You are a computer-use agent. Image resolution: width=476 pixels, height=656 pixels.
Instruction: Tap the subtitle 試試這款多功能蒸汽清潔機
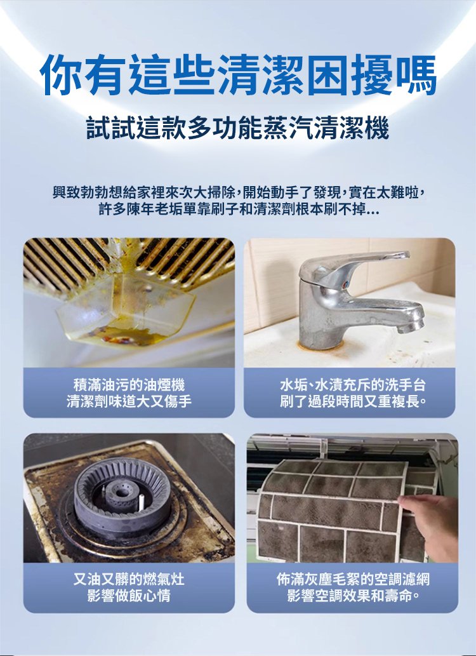(238, 130)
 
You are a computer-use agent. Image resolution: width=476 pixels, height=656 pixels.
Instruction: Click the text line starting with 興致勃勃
(238, 191)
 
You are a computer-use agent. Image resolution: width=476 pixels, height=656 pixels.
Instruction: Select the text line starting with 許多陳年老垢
(238, 210)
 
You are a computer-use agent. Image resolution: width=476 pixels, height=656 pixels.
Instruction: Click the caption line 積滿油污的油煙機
(129, 385)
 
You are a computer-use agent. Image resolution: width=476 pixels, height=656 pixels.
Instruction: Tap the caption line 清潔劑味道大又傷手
(129, 401)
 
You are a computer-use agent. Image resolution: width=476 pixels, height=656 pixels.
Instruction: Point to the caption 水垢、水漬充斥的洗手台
(352, 385)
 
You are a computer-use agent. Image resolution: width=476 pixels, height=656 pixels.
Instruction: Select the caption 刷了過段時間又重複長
(352, 401)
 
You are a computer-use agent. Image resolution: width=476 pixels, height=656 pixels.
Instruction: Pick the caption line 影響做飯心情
(129, 596)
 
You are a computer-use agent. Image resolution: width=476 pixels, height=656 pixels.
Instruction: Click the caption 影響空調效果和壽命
(352, 596)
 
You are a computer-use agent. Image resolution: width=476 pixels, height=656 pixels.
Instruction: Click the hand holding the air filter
(432, 521)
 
